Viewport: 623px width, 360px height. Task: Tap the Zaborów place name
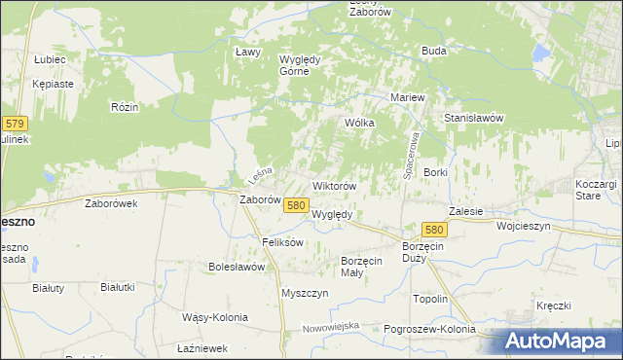click(260, 200)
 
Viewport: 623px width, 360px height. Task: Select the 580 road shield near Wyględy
click(297, 205)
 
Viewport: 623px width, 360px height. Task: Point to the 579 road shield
click(15, 124)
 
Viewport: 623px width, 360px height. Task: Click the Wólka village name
click(360, 124)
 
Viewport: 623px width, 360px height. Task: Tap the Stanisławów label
click(473, 118)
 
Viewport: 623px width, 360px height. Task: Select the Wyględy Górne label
click(308, 64)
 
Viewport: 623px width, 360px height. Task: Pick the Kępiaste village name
click(53, 84)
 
